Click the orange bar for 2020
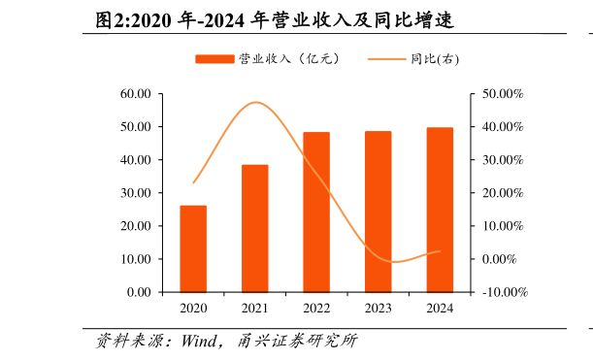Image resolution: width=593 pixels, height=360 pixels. click(x=193, y=248)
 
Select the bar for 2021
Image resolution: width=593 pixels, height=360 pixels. click(x=254, y=228)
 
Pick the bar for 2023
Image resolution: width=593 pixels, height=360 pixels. click(x=378, y=212)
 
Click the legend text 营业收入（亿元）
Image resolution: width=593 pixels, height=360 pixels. click(x=289, y=59)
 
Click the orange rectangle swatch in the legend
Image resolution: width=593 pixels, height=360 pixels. click(x=214, y=59)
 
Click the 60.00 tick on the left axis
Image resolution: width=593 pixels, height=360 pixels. click(x=136, y=94)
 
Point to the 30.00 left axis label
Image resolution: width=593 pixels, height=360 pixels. click(x=136, y=193)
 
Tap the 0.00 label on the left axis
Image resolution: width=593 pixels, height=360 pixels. click(x=139, y=292)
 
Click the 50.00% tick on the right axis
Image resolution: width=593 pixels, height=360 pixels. click(x=502, y=94)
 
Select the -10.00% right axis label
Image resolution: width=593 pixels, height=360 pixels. click(x=504, y=292)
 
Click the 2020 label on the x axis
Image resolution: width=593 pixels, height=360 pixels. click(x=193, y=309)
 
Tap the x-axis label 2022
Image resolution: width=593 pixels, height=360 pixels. click(x=316, y=309)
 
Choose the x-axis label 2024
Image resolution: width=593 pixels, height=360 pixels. click(x=440, y=309)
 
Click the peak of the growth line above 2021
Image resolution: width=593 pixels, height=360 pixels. click(x=255, y=102)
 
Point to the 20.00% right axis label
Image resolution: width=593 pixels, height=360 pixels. click(x=502, y=193)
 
